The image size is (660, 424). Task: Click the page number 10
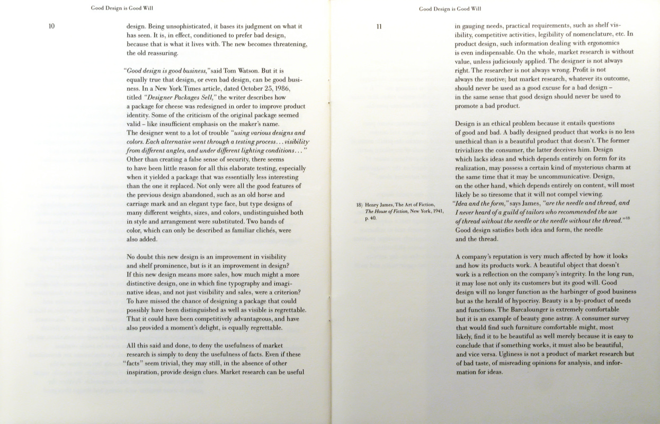tap(51, 26)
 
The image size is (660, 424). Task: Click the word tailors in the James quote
tap(536, 211)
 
